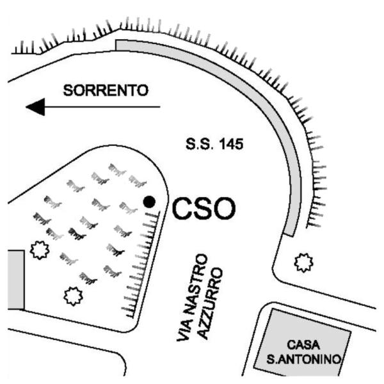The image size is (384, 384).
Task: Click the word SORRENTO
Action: pos(106,90)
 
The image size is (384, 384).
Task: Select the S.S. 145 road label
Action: pos(214,144)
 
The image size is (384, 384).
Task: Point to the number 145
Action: pos(231,144)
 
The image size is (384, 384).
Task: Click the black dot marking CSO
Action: pos(149,202)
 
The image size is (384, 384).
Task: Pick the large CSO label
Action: pos(204,209)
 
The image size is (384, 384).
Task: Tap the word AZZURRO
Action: pos(211,303)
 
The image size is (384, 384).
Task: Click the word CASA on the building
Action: pos(303,345)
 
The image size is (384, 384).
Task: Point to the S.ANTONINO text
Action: pos(303,360)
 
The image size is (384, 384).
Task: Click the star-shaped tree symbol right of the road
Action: pos(303,263)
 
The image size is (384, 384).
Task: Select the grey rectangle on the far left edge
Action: pos(16,280)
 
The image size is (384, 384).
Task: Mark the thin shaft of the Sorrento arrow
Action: pos(102,107)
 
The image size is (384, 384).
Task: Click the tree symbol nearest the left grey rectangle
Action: pos(40,250)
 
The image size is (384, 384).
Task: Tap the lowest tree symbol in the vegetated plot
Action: pos(73,296)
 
